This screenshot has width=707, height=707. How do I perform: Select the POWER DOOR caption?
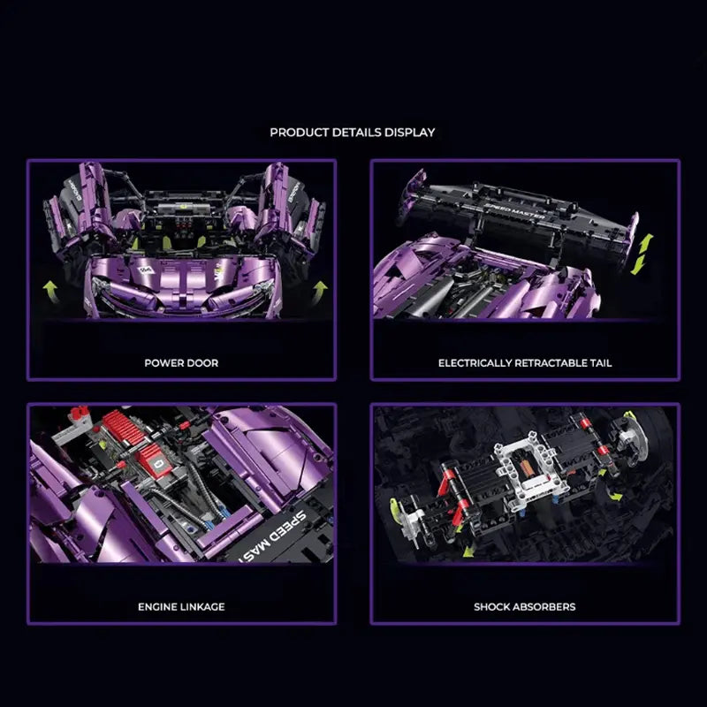(181, 362)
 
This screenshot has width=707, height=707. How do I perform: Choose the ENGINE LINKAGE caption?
(181, 607)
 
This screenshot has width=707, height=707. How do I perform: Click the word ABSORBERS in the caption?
(544, 607)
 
